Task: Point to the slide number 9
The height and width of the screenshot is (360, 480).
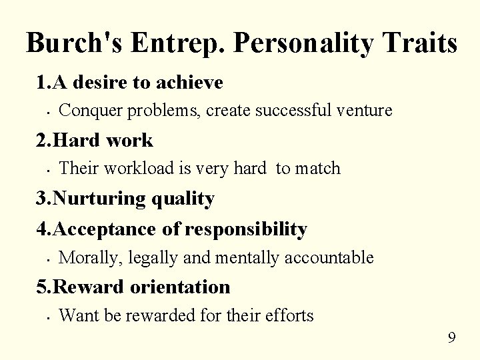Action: [x=451, y=338]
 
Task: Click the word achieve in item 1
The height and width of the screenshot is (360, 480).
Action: [x=190, y=83]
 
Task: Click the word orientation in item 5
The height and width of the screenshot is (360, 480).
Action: [x=182, y=287]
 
